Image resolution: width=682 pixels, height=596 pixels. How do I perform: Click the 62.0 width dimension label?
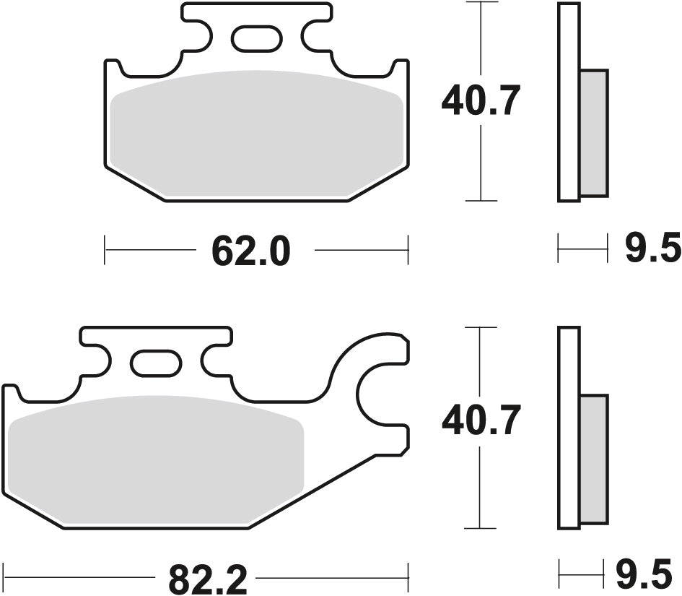point(250,251)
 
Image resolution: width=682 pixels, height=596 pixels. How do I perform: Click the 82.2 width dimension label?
point(208,578)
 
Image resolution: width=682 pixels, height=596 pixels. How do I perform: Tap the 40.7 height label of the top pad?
point(480,102)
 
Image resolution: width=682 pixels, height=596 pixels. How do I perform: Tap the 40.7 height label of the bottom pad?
point(480,421)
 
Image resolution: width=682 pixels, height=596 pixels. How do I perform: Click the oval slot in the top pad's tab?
point(257,37)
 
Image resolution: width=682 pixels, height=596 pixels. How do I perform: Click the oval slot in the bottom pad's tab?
point(155,362)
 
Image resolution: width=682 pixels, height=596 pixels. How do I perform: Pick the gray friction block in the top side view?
point(594,133)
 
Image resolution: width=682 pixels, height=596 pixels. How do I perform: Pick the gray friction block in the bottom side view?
point(594,459)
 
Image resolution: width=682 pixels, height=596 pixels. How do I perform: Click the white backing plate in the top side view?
point(568,102)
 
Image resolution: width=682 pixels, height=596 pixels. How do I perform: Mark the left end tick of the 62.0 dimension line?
point(105,250)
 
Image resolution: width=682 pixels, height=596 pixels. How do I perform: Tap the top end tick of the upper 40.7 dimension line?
point(481,3)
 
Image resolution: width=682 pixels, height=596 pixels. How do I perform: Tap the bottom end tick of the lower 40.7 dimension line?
point(481,527)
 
